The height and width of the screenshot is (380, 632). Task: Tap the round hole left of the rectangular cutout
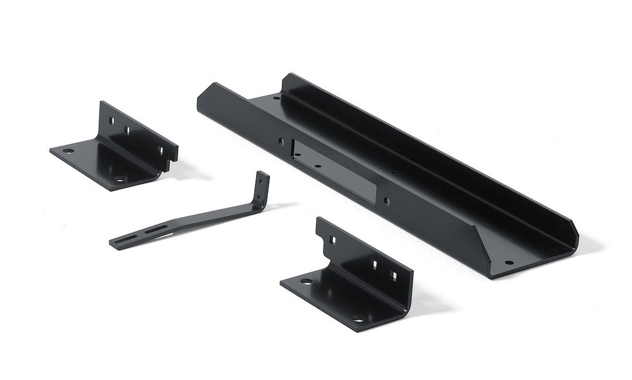point(282,142)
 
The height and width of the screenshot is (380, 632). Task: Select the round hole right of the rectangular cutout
point(387,201)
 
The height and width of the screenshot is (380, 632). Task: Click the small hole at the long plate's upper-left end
point(276,98)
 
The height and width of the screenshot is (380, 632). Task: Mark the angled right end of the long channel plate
point(572,237)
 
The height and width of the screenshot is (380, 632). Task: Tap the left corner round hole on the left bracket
point(68,151)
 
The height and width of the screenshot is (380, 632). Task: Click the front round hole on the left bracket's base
point(120,179)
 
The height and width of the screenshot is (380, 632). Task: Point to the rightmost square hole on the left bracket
point(161,150)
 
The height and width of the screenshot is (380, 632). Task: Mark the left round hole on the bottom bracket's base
point(307,282)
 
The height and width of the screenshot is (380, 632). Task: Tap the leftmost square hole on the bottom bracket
point(332,240)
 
